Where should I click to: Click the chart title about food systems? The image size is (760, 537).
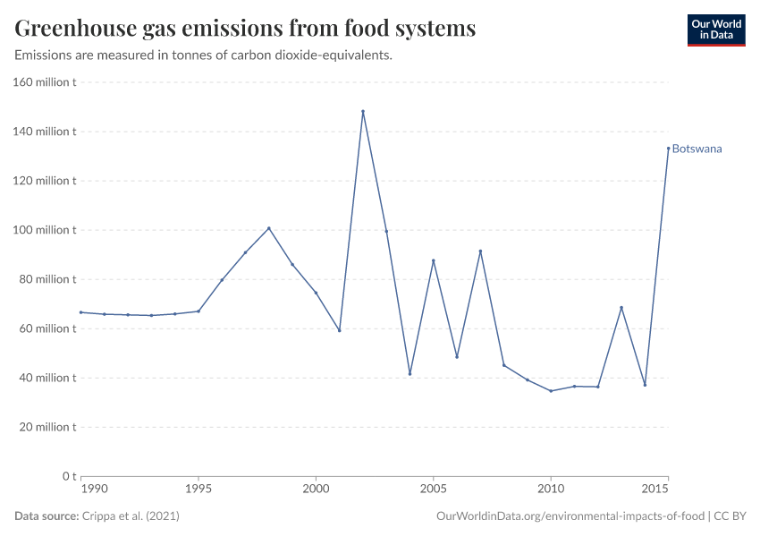[245, 29]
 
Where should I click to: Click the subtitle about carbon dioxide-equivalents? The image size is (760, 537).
[204, 55]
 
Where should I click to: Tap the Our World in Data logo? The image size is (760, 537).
[715, 30]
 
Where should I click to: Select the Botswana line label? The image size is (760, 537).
[697, 149]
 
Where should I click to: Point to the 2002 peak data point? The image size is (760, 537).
[363, 112]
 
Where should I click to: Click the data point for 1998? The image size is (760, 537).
[268, 228]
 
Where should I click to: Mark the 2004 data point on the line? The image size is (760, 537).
[410, 374]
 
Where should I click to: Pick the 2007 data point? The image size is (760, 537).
[480, 251]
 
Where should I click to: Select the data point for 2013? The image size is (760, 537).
[621, 308]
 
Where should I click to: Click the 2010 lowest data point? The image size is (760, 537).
[551, 391]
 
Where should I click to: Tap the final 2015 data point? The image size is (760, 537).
[668, 149]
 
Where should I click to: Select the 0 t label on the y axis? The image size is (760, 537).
[67, 476]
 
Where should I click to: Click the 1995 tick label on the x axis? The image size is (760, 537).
[198, 489]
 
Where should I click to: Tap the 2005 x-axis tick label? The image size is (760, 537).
[434, 489]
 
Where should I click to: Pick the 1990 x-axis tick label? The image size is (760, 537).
[94, 489]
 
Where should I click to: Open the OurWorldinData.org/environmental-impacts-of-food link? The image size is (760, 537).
[570, 516]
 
